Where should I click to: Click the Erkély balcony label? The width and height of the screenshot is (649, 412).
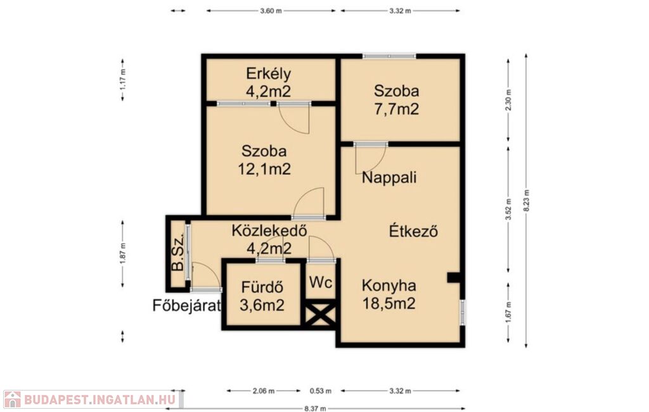click(x=269, y=73)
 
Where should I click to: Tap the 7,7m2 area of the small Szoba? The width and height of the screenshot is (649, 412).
click(x=396, y=109)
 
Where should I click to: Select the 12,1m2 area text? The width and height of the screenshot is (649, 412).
click(x=264, y=169)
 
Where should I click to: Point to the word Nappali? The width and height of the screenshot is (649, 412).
click(x=389, y=178)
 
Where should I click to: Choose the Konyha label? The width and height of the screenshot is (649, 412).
click(x=389, y=285)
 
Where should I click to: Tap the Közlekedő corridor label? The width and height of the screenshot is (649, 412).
click(x=269, y=230)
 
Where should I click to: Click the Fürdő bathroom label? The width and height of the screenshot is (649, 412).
click(x=262, y=287)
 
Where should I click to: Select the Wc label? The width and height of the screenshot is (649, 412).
click(x=321, y=283)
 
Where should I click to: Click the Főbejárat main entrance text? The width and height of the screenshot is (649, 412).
click(x=186, y=306)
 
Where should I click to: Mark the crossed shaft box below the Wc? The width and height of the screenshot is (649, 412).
click(x=320, y=313)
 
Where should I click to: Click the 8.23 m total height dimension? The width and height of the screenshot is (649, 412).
click(x=526, y=200)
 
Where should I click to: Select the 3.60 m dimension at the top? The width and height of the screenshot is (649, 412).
click(x=271, y=11)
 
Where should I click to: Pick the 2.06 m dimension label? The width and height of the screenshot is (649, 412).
click(x=264, y=391)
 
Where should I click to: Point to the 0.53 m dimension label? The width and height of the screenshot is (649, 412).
click(x=321, y=391)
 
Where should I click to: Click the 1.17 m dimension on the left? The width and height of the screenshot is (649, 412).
click(x=122, y=80)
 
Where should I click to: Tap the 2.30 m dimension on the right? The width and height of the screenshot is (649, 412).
click(x=509, y=100)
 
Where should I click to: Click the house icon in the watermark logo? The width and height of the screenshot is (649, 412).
click(x=13, y=399)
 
